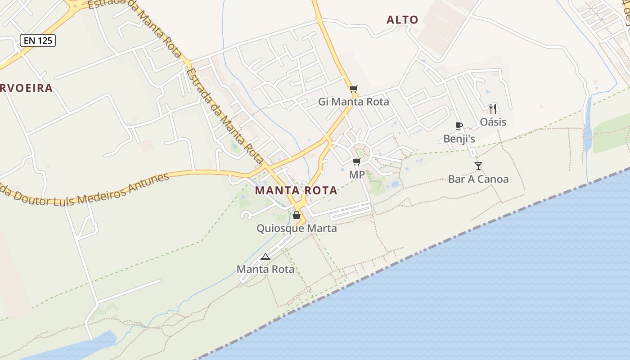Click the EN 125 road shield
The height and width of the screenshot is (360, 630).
pos(38,40)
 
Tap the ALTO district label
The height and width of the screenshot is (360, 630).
pos(402,20)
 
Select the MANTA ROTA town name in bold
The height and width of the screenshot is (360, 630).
pos(296,190)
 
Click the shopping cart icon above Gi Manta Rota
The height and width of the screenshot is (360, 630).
pos(354,89)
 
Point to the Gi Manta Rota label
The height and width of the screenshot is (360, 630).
pos(354,102)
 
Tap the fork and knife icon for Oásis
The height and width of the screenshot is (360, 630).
pos(493,108)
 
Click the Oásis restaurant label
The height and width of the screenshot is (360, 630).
pos(493,122)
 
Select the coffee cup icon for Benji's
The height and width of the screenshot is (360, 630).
pos(459,126)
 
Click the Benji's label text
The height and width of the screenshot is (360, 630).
pos(459,139)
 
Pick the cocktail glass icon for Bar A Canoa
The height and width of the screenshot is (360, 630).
pos(478,166)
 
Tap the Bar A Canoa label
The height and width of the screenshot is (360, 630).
pos(478,179)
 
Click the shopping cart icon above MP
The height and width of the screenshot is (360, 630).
pos(356,162)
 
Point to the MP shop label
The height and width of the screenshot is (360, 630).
pos(357,175)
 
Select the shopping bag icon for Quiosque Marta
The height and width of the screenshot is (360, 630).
pos(297,215)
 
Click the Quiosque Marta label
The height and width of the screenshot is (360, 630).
pos(297,228)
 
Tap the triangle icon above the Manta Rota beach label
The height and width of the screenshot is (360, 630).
pos(265,256)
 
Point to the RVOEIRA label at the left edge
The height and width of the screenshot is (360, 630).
pos(26,88)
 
